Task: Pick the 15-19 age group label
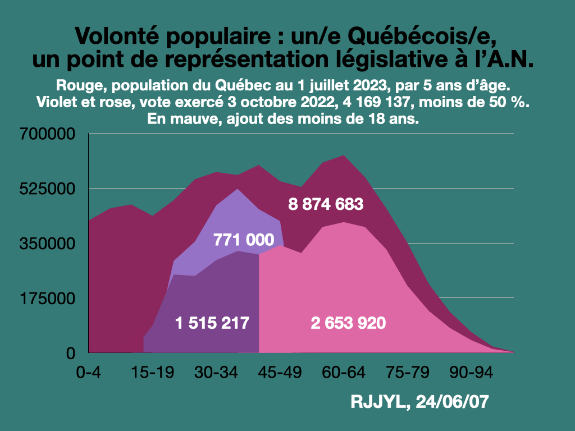click(x=148, y=372)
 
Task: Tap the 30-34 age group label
click(x=212, y=372)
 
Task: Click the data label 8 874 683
click(x=326, y=204)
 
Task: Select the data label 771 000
click(x=244, y=240)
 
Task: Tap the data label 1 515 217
click(x=212, y=323)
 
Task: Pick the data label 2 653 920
click(x=348, y=323)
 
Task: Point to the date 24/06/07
click(x=449, y=402)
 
